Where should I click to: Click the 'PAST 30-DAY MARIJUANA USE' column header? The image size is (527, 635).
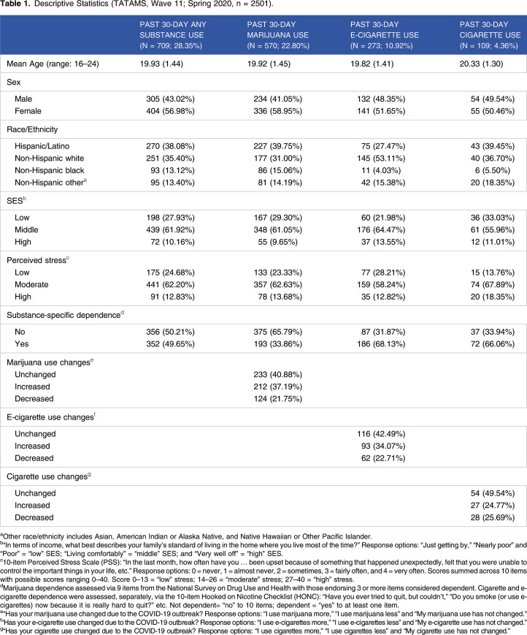pos(278,35)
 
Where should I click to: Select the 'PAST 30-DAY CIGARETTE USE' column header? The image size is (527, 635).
pos(490,35)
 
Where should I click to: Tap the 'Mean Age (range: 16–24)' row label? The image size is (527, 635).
pos(53,64)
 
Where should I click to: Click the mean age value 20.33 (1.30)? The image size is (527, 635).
pos(481,64)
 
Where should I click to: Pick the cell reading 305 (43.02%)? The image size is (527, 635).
pos(170,99)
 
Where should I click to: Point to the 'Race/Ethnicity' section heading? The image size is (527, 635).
pos(32,129)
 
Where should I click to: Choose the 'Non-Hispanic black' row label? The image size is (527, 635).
pos(50,170)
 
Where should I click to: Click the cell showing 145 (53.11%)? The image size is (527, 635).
pos(381,159)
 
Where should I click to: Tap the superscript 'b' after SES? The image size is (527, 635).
pos(24,199)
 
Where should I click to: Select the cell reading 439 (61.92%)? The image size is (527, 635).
pos(170,229)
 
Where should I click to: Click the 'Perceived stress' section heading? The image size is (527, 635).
pos(36,260)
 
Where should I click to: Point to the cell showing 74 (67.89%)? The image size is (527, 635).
pos(493,285)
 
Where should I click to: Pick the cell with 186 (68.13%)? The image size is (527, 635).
pos(381,344)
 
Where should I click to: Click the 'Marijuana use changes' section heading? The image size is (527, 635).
pos(48,362)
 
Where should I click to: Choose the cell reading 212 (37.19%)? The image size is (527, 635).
pos(278,387)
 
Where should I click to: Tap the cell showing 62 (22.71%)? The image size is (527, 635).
pos(383,458)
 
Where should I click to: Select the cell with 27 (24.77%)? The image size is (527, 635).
pos(493,506)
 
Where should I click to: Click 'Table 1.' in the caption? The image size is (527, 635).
pos(15,4)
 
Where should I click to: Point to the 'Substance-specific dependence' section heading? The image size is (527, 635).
pos(64,316)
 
